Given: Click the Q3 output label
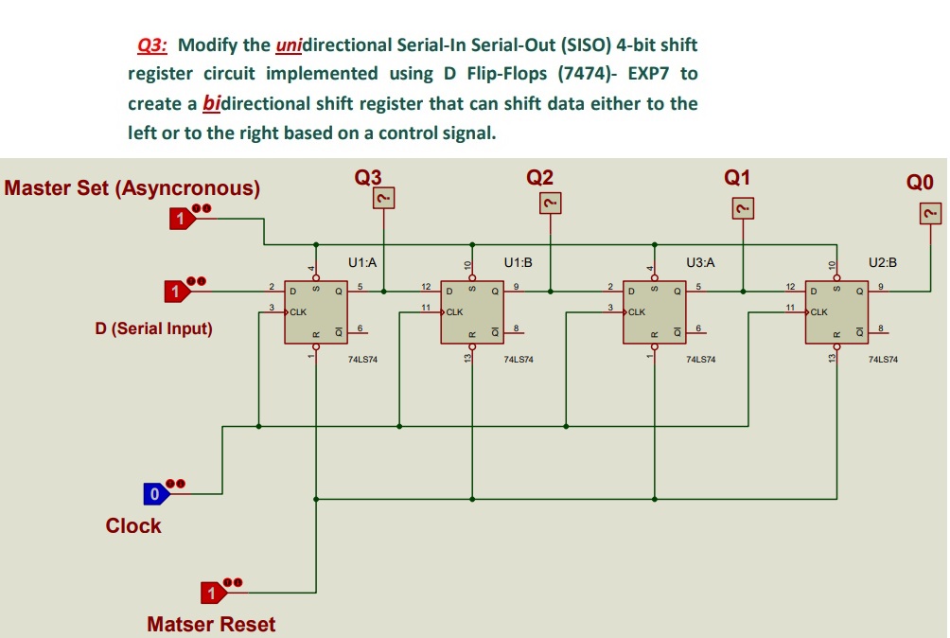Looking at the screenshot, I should (368, 177).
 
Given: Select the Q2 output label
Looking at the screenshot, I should (540, 177).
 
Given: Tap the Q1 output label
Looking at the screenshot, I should (737, 177).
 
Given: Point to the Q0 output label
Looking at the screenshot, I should (920, 182).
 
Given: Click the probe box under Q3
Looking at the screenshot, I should (383, 198).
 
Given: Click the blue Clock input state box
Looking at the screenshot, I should (154, 493).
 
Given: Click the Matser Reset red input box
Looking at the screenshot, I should (213, 593).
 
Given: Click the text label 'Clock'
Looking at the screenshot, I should (133, 526).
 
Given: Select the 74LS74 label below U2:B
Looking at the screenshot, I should (883, 360).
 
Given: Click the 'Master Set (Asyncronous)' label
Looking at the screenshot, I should (132, 187).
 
